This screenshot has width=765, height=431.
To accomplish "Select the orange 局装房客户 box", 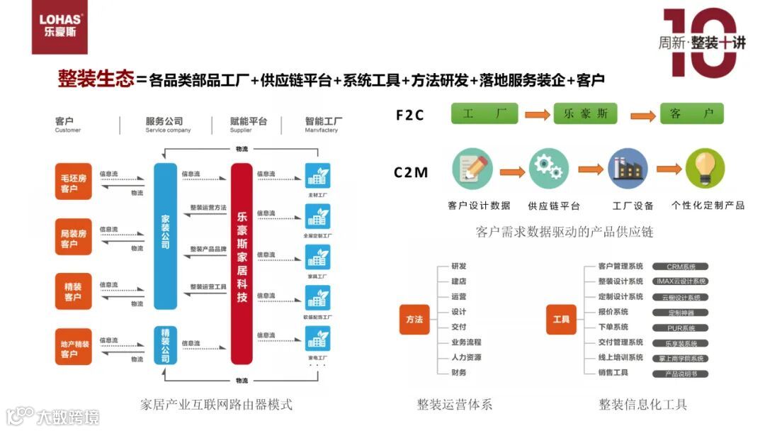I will (x=74, y=237).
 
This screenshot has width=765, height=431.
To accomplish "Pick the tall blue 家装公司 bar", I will (x=165, y=236).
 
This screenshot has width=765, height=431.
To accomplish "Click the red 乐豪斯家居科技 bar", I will (x=242, y=264).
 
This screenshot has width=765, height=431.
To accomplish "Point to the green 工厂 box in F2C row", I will (x=484, y=113).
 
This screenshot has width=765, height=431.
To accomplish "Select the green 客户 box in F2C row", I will (x=691, y=113).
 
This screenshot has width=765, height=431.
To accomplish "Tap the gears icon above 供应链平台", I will (x=548, y=167).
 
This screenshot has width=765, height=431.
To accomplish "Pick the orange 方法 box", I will (x=414, y=320).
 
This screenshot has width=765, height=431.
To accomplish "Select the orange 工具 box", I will (x=561, y=320).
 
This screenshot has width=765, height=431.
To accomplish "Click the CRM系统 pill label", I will (x=681, y=267).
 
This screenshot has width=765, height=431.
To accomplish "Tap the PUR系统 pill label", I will (x=681, y=328).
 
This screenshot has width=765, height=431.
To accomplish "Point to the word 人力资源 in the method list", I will (x=466, y=357).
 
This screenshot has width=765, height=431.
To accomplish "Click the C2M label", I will (x=412, y=172).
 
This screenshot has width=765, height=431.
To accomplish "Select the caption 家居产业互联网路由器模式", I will (x=217, y=405).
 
